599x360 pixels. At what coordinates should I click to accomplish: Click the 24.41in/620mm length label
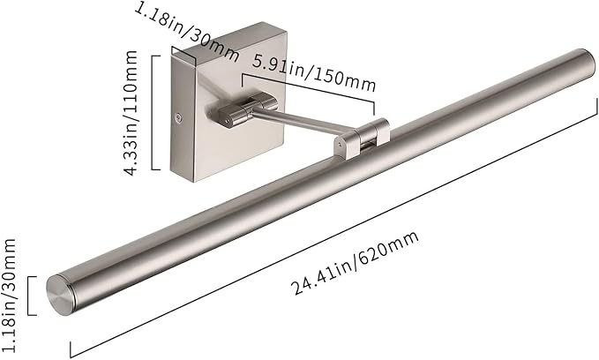pyautogui.click(x=356, y=263)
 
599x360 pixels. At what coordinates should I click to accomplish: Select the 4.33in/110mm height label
pyautogui.click(x=131, y=113)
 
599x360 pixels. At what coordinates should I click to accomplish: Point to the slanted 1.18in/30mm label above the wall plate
pyautogui.click(x=186, y=32)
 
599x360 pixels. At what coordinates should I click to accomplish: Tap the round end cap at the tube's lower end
pyautogui.click(x=60, y=295)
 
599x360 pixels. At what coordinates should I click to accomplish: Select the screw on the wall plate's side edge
pyautogui.click(x=178, y=118)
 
